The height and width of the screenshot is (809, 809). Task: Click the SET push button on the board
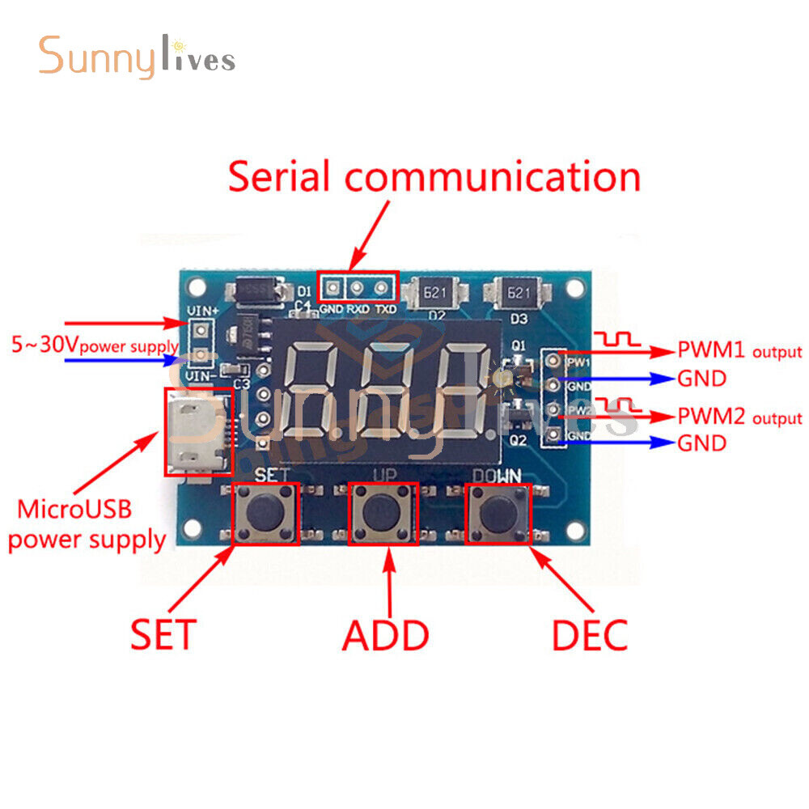tap(266, 513)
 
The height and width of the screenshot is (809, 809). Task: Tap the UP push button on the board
tap(383, 513)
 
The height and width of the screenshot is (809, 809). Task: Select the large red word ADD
tap(385, 636)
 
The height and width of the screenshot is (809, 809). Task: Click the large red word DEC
tap(590, 636)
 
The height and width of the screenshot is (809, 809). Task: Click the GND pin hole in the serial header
tap(332, 286)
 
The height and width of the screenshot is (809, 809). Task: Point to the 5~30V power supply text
tap(94, 345)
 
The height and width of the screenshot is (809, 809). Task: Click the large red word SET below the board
tap(163, 636)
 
